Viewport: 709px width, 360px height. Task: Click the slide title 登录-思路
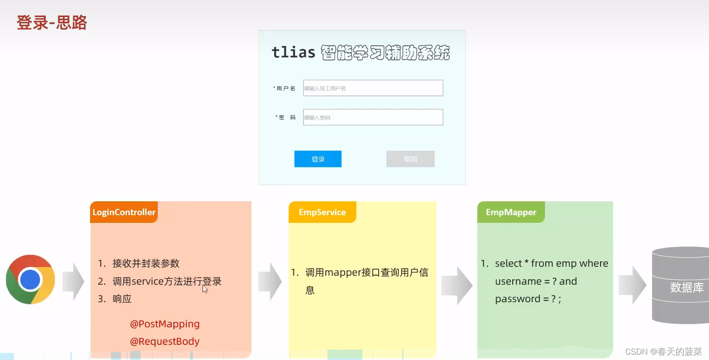(x=52, y=22)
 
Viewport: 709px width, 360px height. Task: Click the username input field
(x=373, y=88)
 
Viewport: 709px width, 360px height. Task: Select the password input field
(x=373, y=117)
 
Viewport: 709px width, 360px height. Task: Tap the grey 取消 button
(x=410, y=159)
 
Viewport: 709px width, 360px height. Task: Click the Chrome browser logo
(x=30, y=279)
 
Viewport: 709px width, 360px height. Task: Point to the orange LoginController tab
(x=124, y=212)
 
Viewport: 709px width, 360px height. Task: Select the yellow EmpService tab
(x=322, y=212)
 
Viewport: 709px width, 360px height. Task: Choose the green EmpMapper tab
(x=511, y=212)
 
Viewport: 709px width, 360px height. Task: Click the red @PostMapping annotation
(x=165, y=324)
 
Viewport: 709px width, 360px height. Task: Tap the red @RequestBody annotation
(x=165, y=341)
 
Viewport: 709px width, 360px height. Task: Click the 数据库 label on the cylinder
(x=687, y=287)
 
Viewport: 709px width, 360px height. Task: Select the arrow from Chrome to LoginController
(x=73, y=281)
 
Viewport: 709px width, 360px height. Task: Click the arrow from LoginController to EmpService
(x=270, y=281)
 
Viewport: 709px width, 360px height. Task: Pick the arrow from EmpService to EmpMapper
(x=457, y=286)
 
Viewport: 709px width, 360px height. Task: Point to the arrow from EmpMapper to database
(x=632, y=285)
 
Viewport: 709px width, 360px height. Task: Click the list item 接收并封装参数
(x=146, y=263)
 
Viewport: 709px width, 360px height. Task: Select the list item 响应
(x=122, y=299)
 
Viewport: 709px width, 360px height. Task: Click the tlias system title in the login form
(x=361, y=52)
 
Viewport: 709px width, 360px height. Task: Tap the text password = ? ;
(x=528, y=299)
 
